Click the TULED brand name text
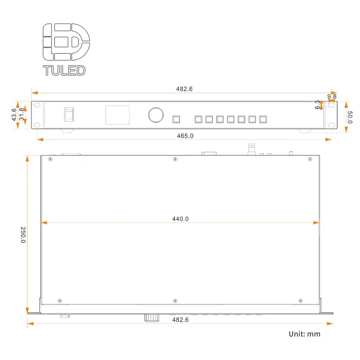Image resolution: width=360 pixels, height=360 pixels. pyautogui.click(x=64, y=70)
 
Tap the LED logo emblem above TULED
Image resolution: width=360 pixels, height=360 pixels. pyautogui.click(x=66, y=42)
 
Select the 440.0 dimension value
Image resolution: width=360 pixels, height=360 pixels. pyautogui.click(x=180, y=219)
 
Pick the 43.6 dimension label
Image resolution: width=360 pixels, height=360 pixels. pyautogui.click(x=14, y=114)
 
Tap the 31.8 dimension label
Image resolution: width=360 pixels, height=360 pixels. pyautogui.click(x=22, y=114)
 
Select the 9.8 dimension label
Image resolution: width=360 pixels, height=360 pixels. pyautogui.click(x=332, y=96)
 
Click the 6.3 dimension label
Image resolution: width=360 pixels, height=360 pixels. pyautogui.click(x=318, y=105)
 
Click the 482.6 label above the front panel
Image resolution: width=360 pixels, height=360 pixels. pyautogui.click(x=184, y=89)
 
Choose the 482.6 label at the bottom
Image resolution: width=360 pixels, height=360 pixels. pyautogui.click(x=180, y=320)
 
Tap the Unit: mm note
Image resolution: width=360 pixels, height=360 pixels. pyautogui.click(x=304, y=334)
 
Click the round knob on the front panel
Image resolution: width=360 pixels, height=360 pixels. pyautogui.click(x=156, y=115)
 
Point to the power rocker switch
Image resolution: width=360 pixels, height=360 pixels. pyautogui.click(x=69, y=114)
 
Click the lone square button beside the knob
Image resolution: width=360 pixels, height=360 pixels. pyautogui.click(x=176, y=119)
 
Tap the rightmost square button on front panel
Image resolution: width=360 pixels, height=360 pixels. pyautogui.click(x=263, y=119)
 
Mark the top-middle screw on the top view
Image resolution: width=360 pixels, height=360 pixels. pyautogui.click(x=175, y=159)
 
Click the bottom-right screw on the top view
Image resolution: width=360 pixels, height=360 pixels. pyautogui.click(x=301, y=301)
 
